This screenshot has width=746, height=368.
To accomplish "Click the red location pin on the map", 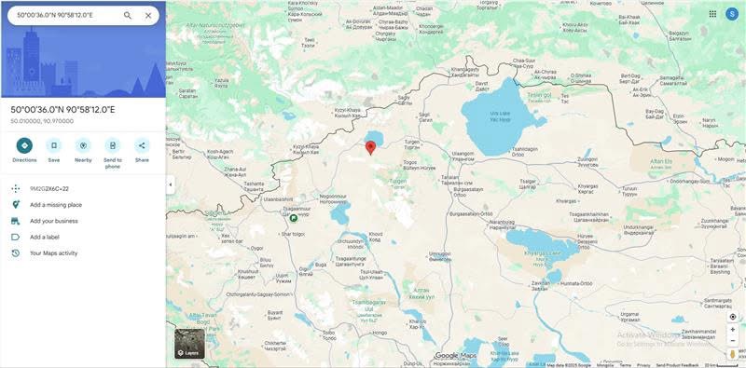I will [x=370, y=145].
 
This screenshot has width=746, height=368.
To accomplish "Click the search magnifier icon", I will [x=128, y=16].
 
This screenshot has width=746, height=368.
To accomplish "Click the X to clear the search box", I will [x=149, y=16].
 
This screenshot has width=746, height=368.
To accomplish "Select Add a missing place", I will [x=56, y=205].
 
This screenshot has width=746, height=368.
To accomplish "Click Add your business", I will [x=54, y=221].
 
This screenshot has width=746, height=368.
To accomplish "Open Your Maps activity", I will [x=54, y=252].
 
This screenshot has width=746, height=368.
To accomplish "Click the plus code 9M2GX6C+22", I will [x=49, y=188].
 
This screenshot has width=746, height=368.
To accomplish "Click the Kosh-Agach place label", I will [x=220, y=153].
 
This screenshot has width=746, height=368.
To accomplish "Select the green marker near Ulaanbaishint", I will [x=293, y=217].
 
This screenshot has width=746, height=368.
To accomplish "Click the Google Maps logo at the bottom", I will [x=456, y=355].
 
